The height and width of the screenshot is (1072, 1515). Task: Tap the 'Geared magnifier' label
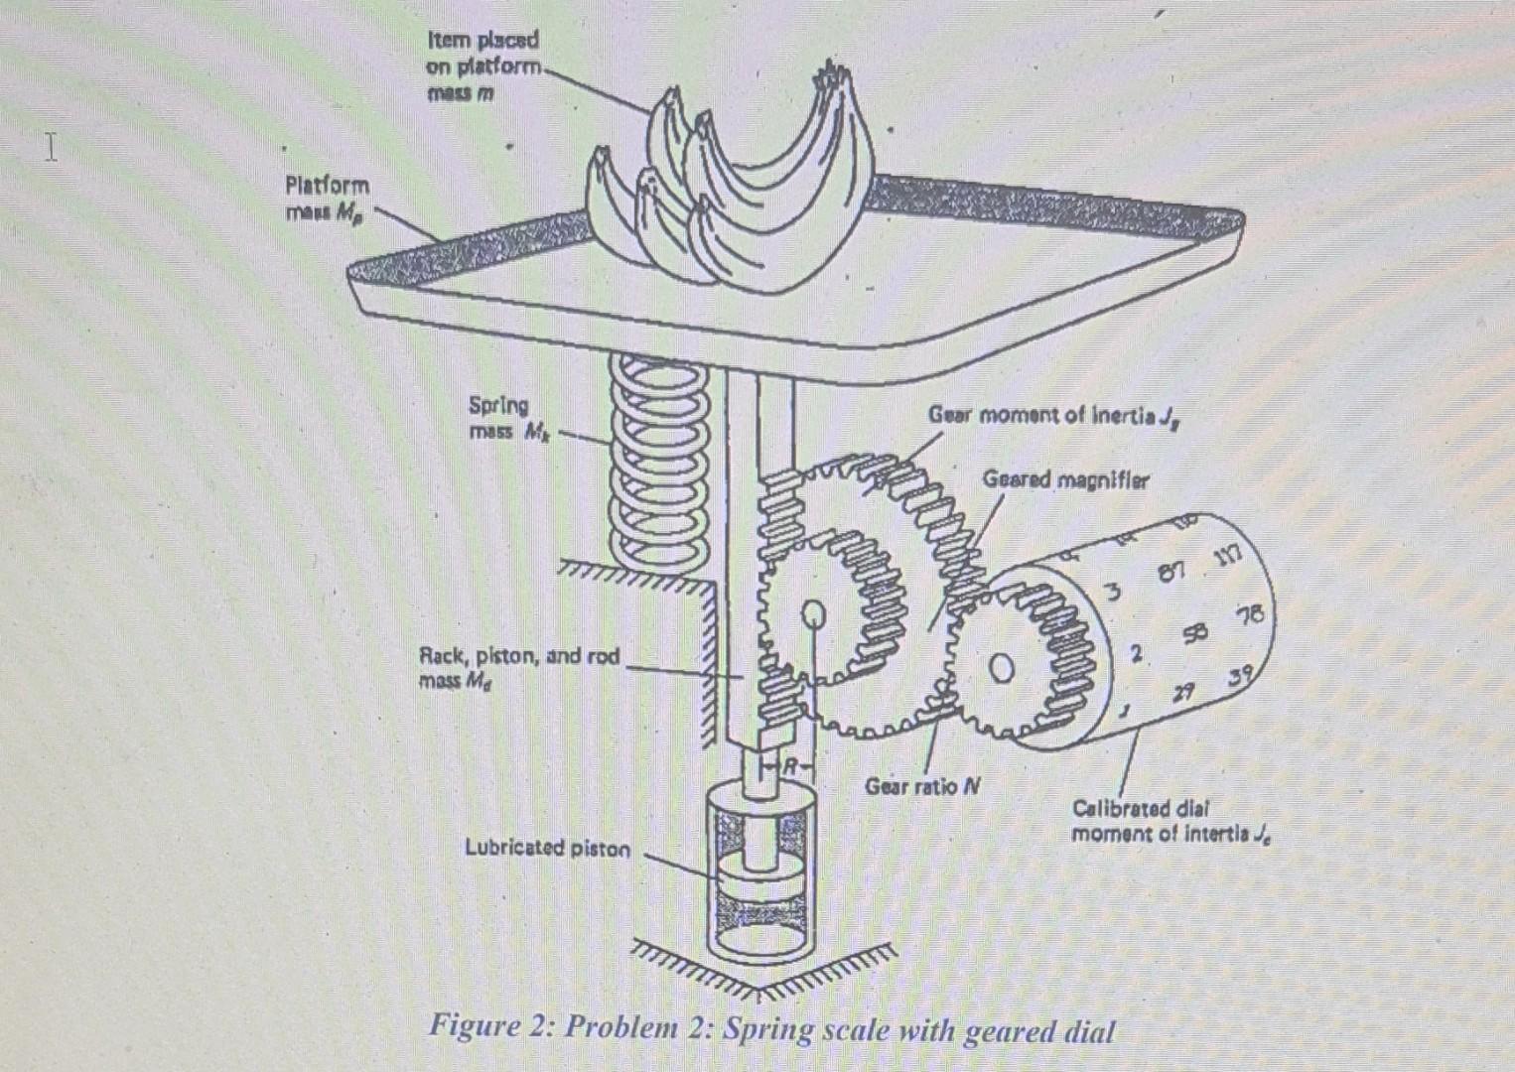[x=1064, y=479]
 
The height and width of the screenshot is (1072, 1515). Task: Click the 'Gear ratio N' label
[x=922, y=786]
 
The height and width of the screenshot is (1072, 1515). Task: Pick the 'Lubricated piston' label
[x=547, y=848]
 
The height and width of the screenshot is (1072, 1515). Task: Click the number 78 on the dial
[x=1249, y=615]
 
